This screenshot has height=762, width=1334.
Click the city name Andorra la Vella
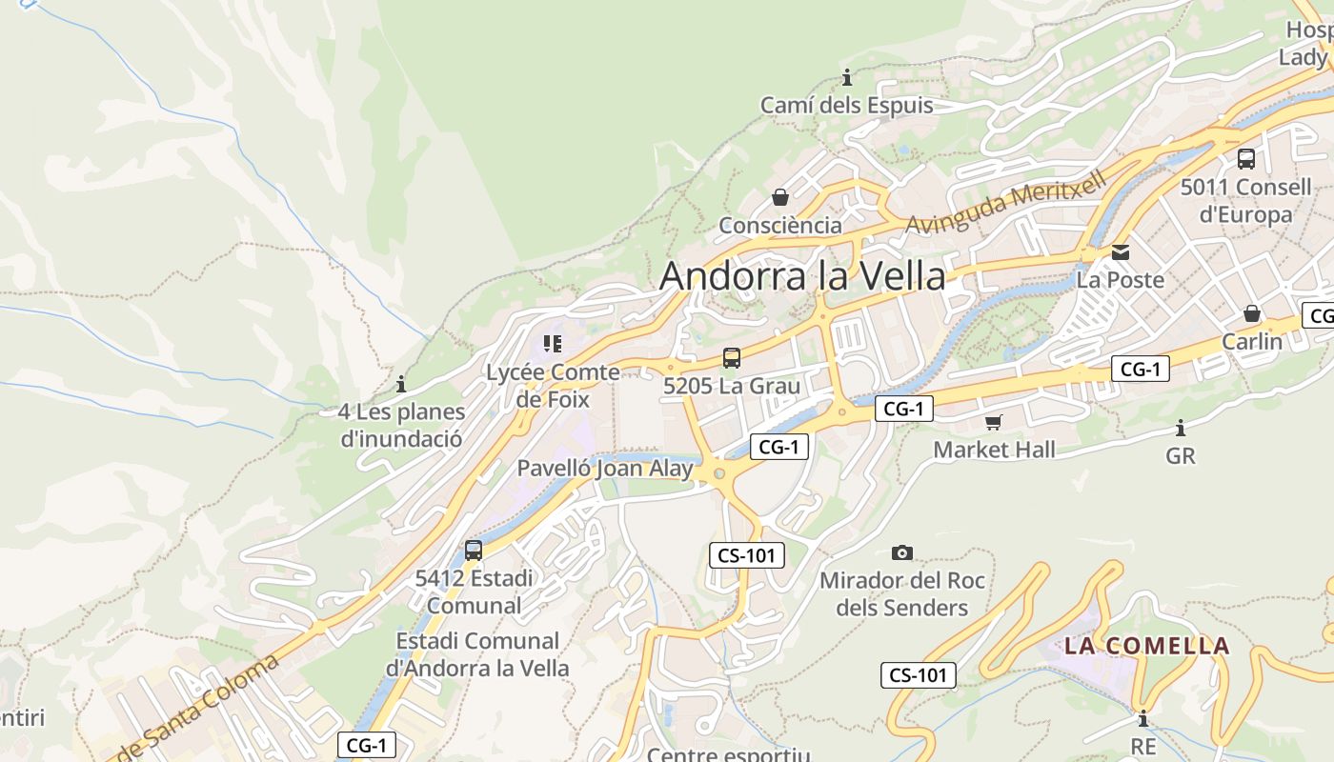point(802,276)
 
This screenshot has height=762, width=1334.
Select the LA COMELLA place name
point(1146,646)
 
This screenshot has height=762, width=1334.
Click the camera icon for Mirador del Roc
point(901,552)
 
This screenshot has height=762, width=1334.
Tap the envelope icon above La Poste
point(1121,252)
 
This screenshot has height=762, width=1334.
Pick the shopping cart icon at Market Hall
point(994,421)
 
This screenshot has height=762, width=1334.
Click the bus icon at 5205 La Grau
point(731,358)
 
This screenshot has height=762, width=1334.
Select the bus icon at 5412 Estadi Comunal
point(474,550)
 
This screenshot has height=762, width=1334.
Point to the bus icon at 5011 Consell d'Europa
point(1245,159)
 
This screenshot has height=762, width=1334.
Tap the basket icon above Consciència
point(780,197)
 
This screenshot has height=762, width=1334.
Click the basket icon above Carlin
point(1252,313)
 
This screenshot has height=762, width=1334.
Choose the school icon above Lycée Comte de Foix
point(553,343)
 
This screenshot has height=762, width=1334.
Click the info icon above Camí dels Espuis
point(846,77)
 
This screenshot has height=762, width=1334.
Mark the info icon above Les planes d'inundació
point(401,384)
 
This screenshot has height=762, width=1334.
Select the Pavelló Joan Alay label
point(605,469)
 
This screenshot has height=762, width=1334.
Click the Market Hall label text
point(994,450)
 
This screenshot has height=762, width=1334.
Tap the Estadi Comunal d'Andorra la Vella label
point(477,654)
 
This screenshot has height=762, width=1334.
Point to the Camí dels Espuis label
point(846,106)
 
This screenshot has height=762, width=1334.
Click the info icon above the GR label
point(1180,428)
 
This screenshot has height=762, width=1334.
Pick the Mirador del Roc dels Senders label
point(901,593)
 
